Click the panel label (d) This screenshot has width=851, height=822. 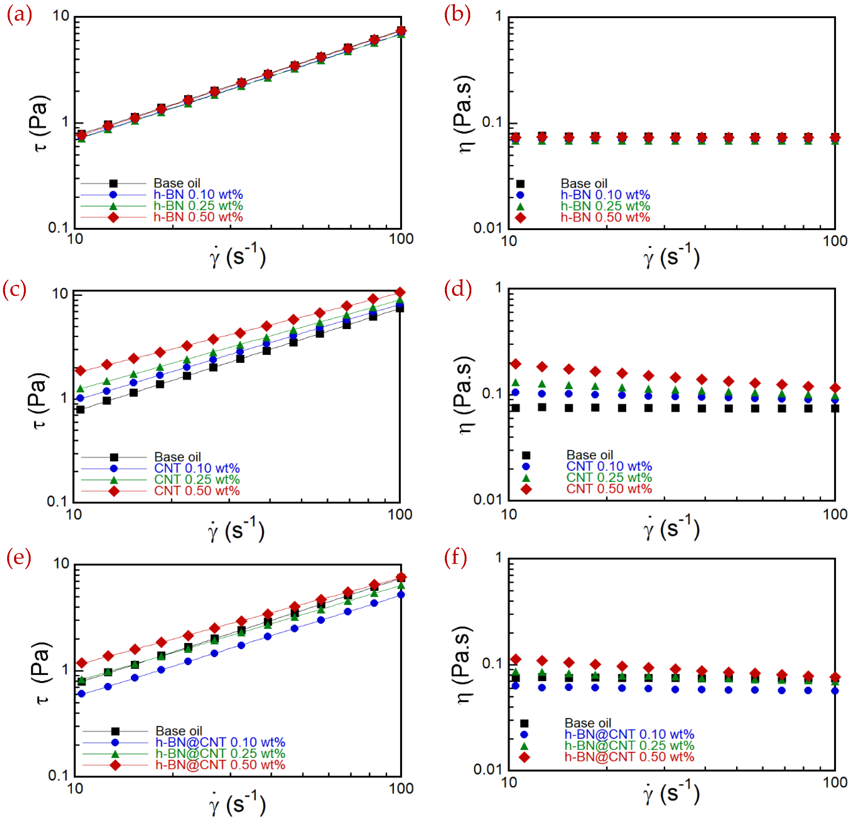tap(458, 289)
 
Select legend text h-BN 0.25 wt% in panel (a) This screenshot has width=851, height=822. tap(198, 206)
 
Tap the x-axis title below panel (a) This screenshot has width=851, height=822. tap(238, 256)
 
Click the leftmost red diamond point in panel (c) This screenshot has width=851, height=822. tap(80, 371)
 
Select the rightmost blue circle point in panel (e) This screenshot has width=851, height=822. tap(401, 594)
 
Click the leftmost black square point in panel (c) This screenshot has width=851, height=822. tap(80, 409)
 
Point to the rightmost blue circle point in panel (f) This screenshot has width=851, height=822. tap(834, 691)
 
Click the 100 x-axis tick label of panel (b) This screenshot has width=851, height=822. tap(834, 241)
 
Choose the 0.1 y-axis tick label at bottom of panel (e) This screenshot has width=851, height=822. tap(59, 775)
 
